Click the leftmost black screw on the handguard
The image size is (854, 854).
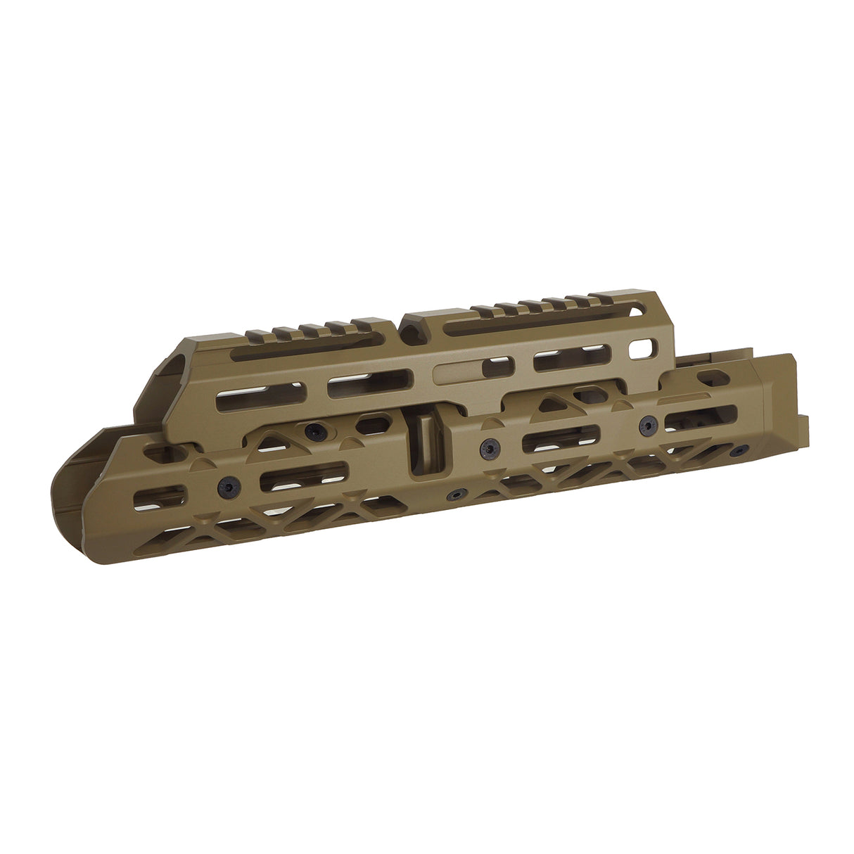click(x=227, y=485)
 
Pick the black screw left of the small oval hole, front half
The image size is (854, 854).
click(x=311, y=430)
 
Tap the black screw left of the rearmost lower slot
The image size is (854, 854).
click(x=648, y=424)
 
